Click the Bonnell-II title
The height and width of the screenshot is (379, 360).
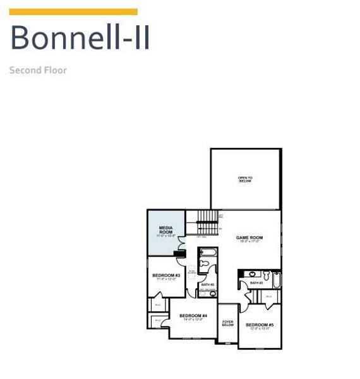[x=80, y=37]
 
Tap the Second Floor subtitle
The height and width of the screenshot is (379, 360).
[x=38, y=70]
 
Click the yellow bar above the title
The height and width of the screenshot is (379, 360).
[x=73, y=12]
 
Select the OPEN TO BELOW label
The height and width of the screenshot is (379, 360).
[x=245, y=179]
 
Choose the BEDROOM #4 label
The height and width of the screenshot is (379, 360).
[x=193, y=316]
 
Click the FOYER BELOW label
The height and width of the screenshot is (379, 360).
[x=228, y=323]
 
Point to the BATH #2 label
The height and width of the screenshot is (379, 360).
[x=208, y=284]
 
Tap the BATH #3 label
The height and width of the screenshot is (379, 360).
[x=256, y=282]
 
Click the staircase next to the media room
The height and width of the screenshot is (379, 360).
[x=207, y=222]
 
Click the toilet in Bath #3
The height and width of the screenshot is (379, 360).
[x=266, y=275]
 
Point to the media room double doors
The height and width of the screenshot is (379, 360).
[x=183, y=242]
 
